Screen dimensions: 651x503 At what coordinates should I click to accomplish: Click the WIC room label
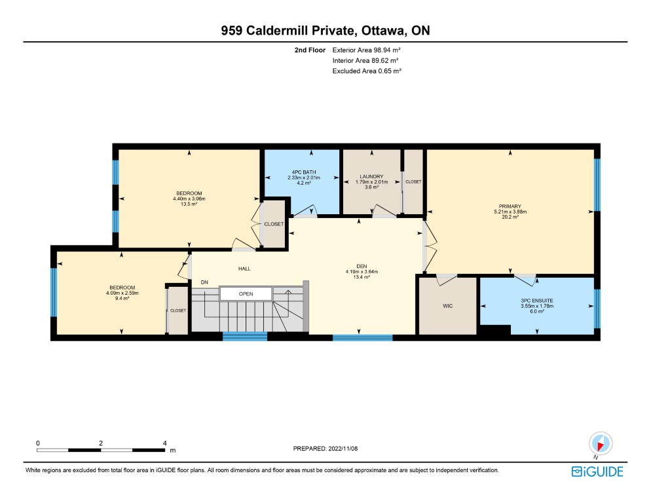[x=447, y=306]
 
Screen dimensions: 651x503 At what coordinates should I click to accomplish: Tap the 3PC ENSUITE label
[x=537, y=301]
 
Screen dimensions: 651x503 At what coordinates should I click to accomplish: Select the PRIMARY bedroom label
[x=510, y=206]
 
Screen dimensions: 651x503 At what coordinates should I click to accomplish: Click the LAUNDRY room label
[x=371, y=177]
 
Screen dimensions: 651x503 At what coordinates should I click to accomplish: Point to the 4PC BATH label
[x=304, y=172]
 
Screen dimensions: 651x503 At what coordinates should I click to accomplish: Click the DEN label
[x=362, y=267]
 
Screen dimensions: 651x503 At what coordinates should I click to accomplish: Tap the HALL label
[x=244, y=269]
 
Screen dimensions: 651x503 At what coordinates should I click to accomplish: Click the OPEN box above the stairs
[x=246, y=293]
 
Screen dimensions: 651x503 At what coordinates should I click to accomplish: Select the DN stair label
[x=204, y=282]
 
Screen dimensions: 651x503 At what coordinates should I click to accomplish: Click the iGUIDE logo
[x=597, y=472]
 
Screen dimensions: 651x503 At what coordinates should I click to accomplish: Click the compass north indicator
[x=601, y=443]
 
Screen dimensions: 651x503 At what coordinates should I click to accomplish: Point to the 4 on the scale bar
[x=165, y=443]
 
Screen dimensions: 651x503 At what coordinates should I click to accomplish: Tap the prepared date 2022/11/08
[x=343, y=449]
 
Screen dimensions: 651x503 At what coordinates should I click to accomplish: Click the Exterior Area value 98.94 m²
[x=387, y=50]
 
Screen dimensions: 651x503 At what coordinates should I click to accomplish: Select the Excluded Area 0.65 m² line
[x=367, y=71]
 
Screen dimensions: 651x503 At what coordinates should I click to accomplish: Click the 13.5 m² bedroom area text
[x=189, y=204]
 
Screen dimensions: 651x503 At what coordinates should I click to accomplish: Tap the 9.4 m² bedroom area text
[x=122, y=298]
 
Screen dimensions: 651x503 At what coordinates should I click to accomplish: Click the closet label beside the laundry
[x=413, y=182]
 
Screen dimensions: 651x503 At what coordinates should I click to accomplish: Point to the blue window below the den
[x=362, y=338]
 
